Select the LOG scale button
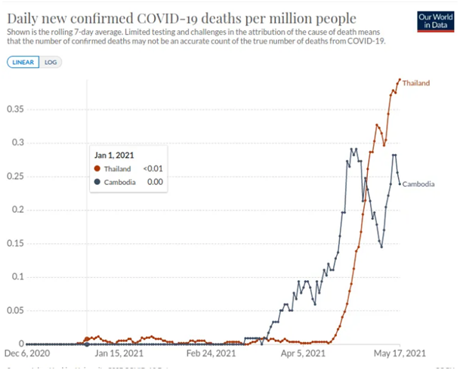tap(50, 62)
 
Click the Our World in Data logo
tap(434, 20)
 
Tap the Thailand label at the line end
tap(415, 82)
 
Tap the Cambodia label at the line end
tap(418, 183)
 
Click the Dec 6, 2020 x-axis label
tap(26, 353)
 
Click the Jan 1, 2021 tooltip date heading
tap(114, 155)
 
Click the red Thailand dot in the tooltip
tap(97, 169)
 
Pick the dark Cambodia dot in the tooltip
tap(97, 182)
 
